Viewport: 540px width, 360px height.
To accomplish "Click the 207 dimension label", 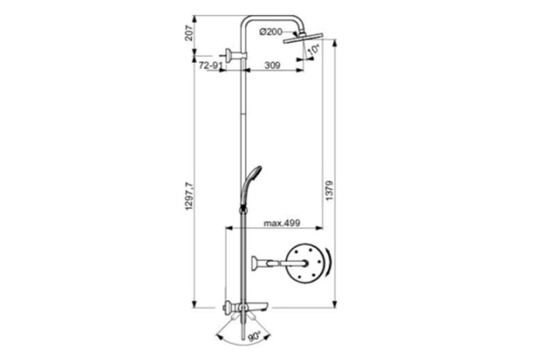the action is click(x=189, y=33).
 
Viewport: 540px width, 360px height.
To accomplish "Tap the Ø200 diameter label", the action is click(x=271, y=32).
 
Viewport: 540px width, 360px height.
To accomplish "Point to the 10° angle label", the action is click(x=314, y=50).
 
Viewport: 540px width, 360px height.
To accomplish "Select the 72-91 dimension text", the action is click(x=209, y=65).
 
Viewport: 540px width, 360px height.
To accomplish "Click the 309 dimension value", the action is click(x=272, y=65).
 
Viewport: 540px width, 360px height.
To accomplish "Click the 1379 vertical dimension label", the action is click(x=329, y=191).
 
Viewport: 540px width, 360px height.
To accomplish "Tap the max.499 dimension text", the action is click(x=282, y=223).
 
